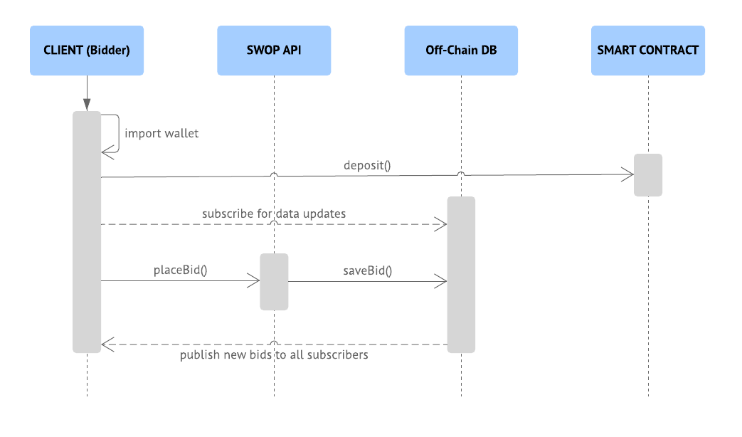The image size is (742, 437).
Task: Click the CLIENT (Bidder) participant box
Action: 87,51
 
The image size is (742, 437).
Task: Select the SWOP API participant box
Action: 274,51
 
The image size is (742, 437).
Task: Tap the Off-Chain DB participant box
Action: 461,51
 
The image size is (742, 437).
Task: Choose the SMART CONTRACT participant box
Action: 647,51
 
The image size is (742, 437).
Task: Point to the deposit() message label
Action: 367,166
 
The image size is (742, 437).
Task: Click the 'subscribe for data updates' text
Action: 274,214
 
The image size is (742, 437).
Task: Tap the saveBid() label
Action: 367,270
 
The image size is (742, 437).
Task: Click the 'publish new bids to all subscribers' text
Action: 274,354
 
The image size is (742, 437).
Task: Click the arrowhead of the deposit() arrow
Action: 628,174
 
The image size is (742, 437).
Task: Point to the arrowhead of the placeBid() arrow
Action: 254,281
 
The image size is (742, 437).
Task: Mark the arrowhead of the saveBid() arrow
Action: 441,281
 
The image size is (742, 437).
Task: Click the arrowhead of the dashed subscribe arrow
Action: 441,224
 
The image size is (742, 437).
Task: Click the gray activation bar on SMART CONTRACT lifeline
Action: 648,175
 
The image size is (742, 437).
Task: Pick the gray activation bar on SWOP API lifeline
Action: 274,282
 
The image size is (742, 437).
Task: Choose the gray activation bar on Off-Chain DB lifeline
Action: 461,275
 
